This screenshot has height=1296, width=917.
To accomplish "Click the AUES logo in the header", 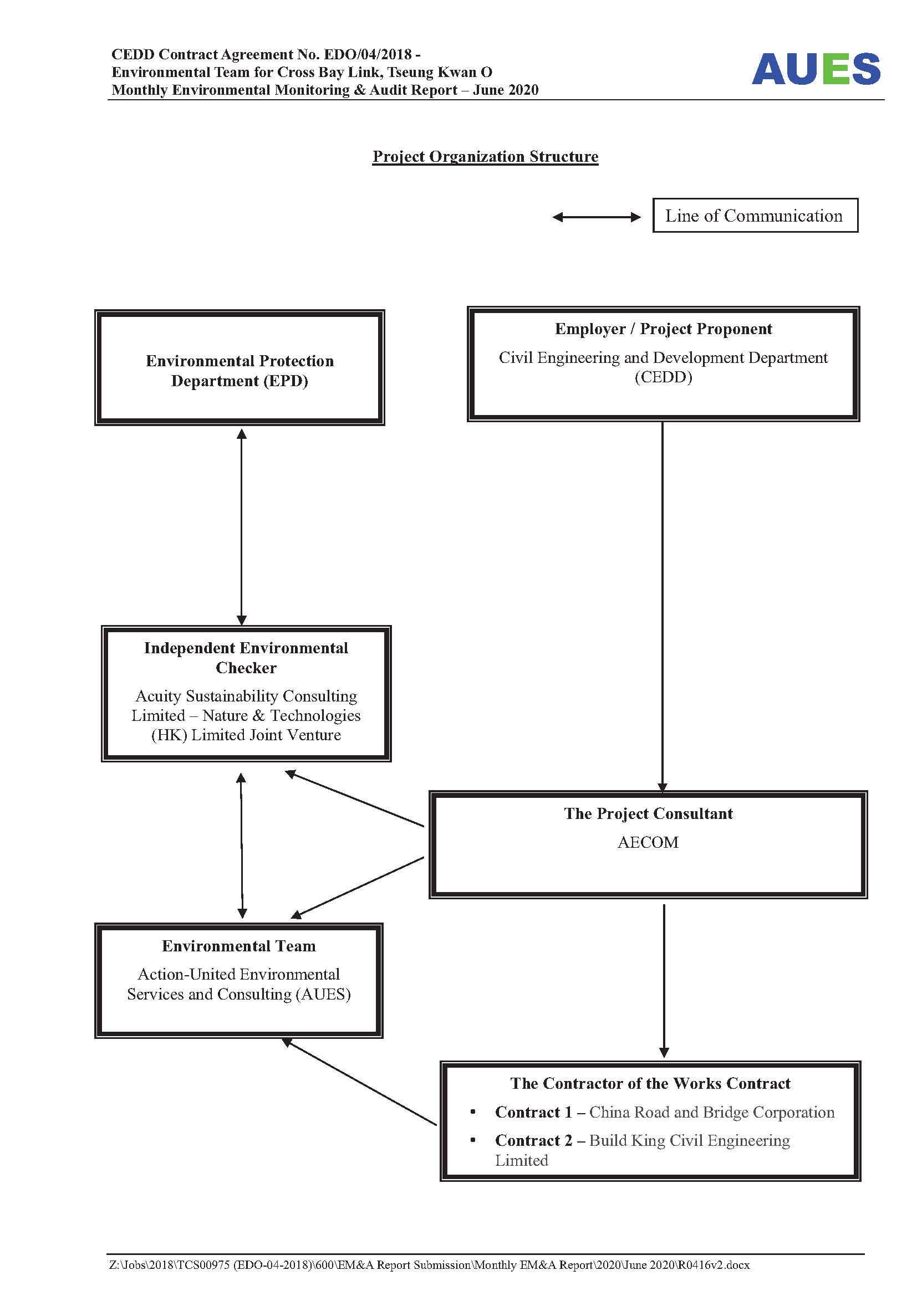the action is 816,69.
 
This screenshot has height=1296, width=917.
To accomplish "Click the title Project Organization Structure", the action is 485,156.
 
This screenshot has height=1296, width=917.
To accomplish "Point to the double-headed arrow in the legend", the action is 597,217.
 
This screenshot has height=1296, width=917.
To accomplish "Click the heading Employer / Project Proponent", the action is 664,329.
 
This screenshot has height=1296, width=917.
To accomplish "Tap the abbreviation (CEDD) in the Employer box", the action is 664,377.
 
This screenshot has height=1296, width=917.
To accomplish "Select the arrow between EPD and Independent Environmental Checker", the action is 242,526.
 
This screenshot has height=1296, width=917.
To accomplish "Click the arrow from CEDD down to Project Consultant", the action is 663,607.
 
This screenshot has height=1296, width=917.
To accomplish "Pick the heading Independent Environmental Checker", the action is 246,658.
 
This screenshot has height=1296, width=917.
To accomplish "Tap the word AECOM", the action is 648,842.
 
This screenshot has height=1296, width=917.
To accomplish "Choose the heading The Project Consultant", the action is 648,813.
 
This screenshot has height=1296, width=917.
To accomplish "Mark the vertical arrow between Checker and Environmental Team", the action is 242,845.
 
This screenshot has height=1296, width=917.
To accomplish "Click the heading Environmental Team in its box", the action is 239,946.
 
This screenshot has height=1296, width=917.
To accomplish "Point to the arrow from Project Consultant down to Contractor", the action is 664,981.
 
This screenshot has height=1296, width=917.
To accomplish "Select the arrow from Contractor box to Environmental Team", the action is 359,1082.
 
